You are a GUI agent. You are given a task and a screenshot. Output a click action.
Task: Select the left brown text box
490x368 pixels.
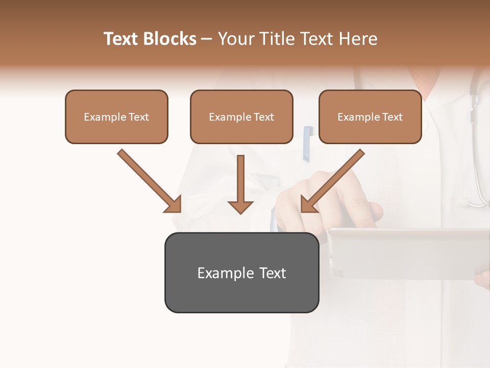(x=116, y=117)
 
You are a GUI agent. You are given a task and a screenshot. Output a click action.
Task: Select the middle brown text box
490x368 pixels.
(x=241, y=117)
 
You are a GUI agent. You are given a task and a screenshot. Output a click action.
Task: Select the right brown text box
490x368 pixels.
(x=370, y=117)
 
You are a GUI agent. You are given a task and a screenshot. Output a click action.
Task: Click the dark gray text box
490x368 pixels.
(x=241, y=272)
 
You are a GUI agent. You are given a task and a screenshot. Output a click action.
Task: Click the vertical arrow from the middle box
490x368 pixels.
(x=240, y=179)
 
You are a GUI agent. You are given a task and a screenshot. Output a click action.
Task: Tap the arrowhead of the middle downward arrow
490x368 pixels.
(x=240, y=206)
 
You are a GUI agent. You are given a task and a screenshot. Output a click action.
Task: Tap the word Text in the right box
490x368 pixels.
(x=393, y=117)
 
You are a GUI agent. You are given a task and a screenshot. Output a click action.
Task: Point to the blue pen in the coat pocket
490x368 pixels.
(x=307, y=143)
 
